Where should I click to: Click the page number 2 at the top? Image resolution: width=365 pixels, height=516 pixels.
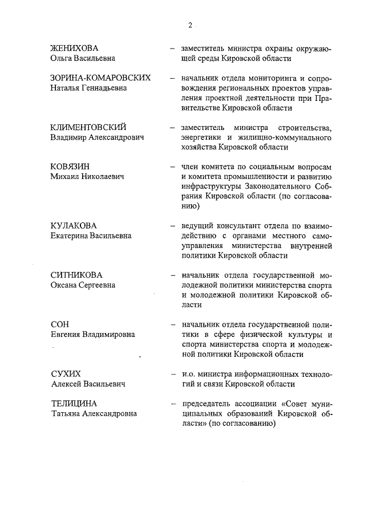point(189,25)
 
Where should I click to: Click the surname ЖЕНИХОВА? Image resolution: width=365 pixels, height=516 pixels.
point(75,48)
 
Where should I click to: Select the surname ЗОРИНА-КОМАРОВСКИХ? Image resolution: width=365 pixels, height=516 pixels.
point(100,78)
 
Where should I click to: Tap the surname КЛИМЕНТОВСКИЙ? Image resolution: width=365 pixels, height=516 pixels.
point(88,127)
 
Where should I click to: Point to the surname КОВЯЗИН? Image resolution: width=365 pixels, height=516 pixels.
point(70,166)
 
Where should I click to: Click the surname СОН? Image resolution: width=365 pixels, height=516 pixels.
point(60,324)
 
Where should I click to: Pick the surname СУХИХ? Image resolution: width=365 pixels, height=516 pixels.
point(66,374)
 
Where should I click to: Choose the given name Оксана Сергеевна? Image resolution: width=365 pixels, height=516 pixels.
point(83,285)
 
